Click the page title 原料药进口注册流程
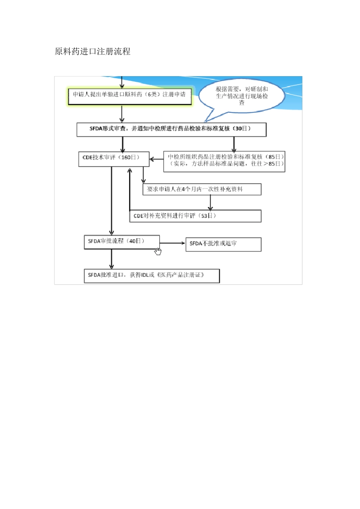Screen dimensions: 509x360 point(92,52)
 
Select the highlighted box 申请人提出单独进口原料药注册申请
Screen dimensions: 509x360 point(129,95)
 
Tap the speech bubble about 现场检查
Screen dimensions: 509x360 point(242,95)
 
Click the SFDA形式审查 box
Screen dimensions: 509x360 point(171,129)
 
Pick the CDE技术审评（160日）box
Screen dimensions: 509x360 point(113,158)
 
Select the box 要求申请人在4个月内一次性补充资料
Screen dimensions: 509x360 point(202,189)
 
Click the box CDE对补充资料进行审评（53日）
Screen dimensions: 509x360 point(195,216)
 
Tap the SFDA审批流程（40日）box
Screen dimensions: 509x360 point(121,242)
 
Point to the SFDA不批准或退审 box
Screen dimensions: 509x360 point(223,244)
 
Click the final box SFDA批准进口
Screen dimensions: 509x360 point(152,275)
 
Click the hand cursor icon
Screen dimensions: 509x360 point(158,251)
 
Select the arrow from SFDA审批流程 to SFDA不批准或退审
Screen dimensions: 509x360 point(172,243)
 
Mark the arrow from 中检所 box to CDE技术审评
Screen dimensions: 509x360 point(156,159)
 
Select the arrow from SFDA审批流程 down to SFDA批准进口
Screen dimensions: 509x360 point(111,260)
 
